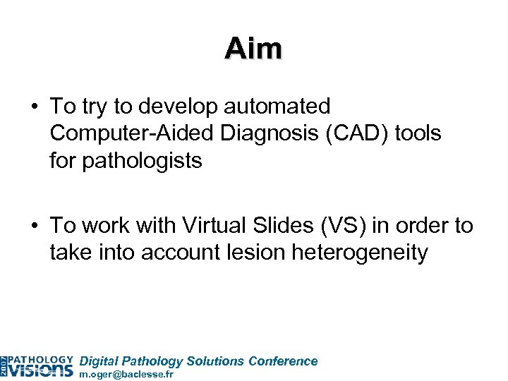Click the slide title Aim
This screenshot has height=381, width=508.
click(254, 49)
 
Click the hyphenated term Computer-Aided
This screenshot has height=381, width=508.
click(122, 133)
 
